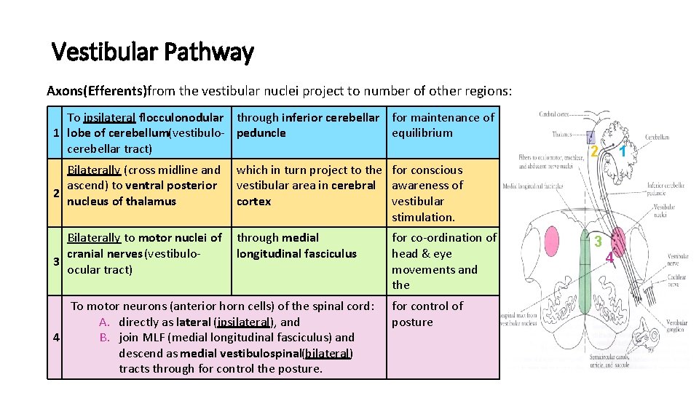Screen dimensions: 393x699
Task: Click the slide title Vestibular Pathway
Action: (x=152, y=52)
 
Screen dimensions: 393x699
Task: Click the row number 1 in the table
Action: (x=56, y=133)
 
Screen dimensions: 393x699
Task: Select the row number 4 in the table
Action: (x=56, y=338)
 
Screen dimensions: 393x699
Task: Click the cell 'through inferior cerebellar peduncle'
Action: (x=308, y=125)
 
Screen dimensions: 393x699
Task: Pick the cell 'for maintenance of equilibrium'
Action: (x=443, y=125)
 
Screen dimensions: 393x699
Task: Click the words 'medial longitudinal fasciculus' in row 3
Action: (x=296, y=246)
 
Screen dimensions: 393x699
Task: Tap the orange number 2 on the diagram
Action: (x=594, y=151)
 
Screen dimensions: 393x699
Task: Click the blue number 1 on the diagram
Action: (x=624, y=151)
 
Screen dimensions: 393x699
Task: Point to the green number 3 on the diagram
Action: (x=597, y=242)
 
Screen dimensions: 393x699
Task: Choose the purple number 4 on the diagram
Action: (x=609, y=257)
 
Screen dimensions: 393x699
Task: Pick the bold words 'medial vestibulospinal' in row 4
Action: (x=240, y=353)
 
